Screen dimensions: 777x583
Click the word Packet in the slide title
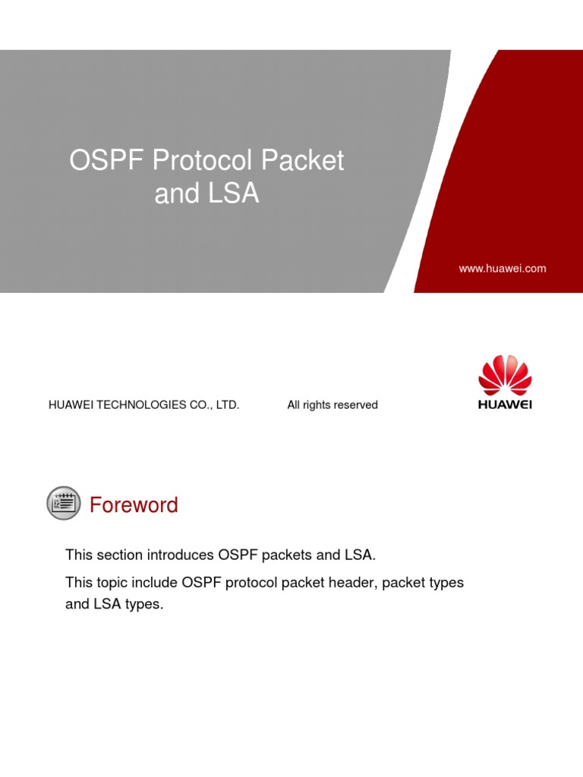[303, 161]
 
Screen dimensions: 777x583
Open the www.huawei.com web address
[502, 269]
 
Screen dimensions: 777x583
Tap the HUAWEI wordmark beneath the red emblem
[505, 405]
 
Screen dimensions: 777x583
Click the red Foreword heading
[134, 505]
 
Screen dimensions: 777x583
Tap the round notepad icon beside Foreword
[63, 503]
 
